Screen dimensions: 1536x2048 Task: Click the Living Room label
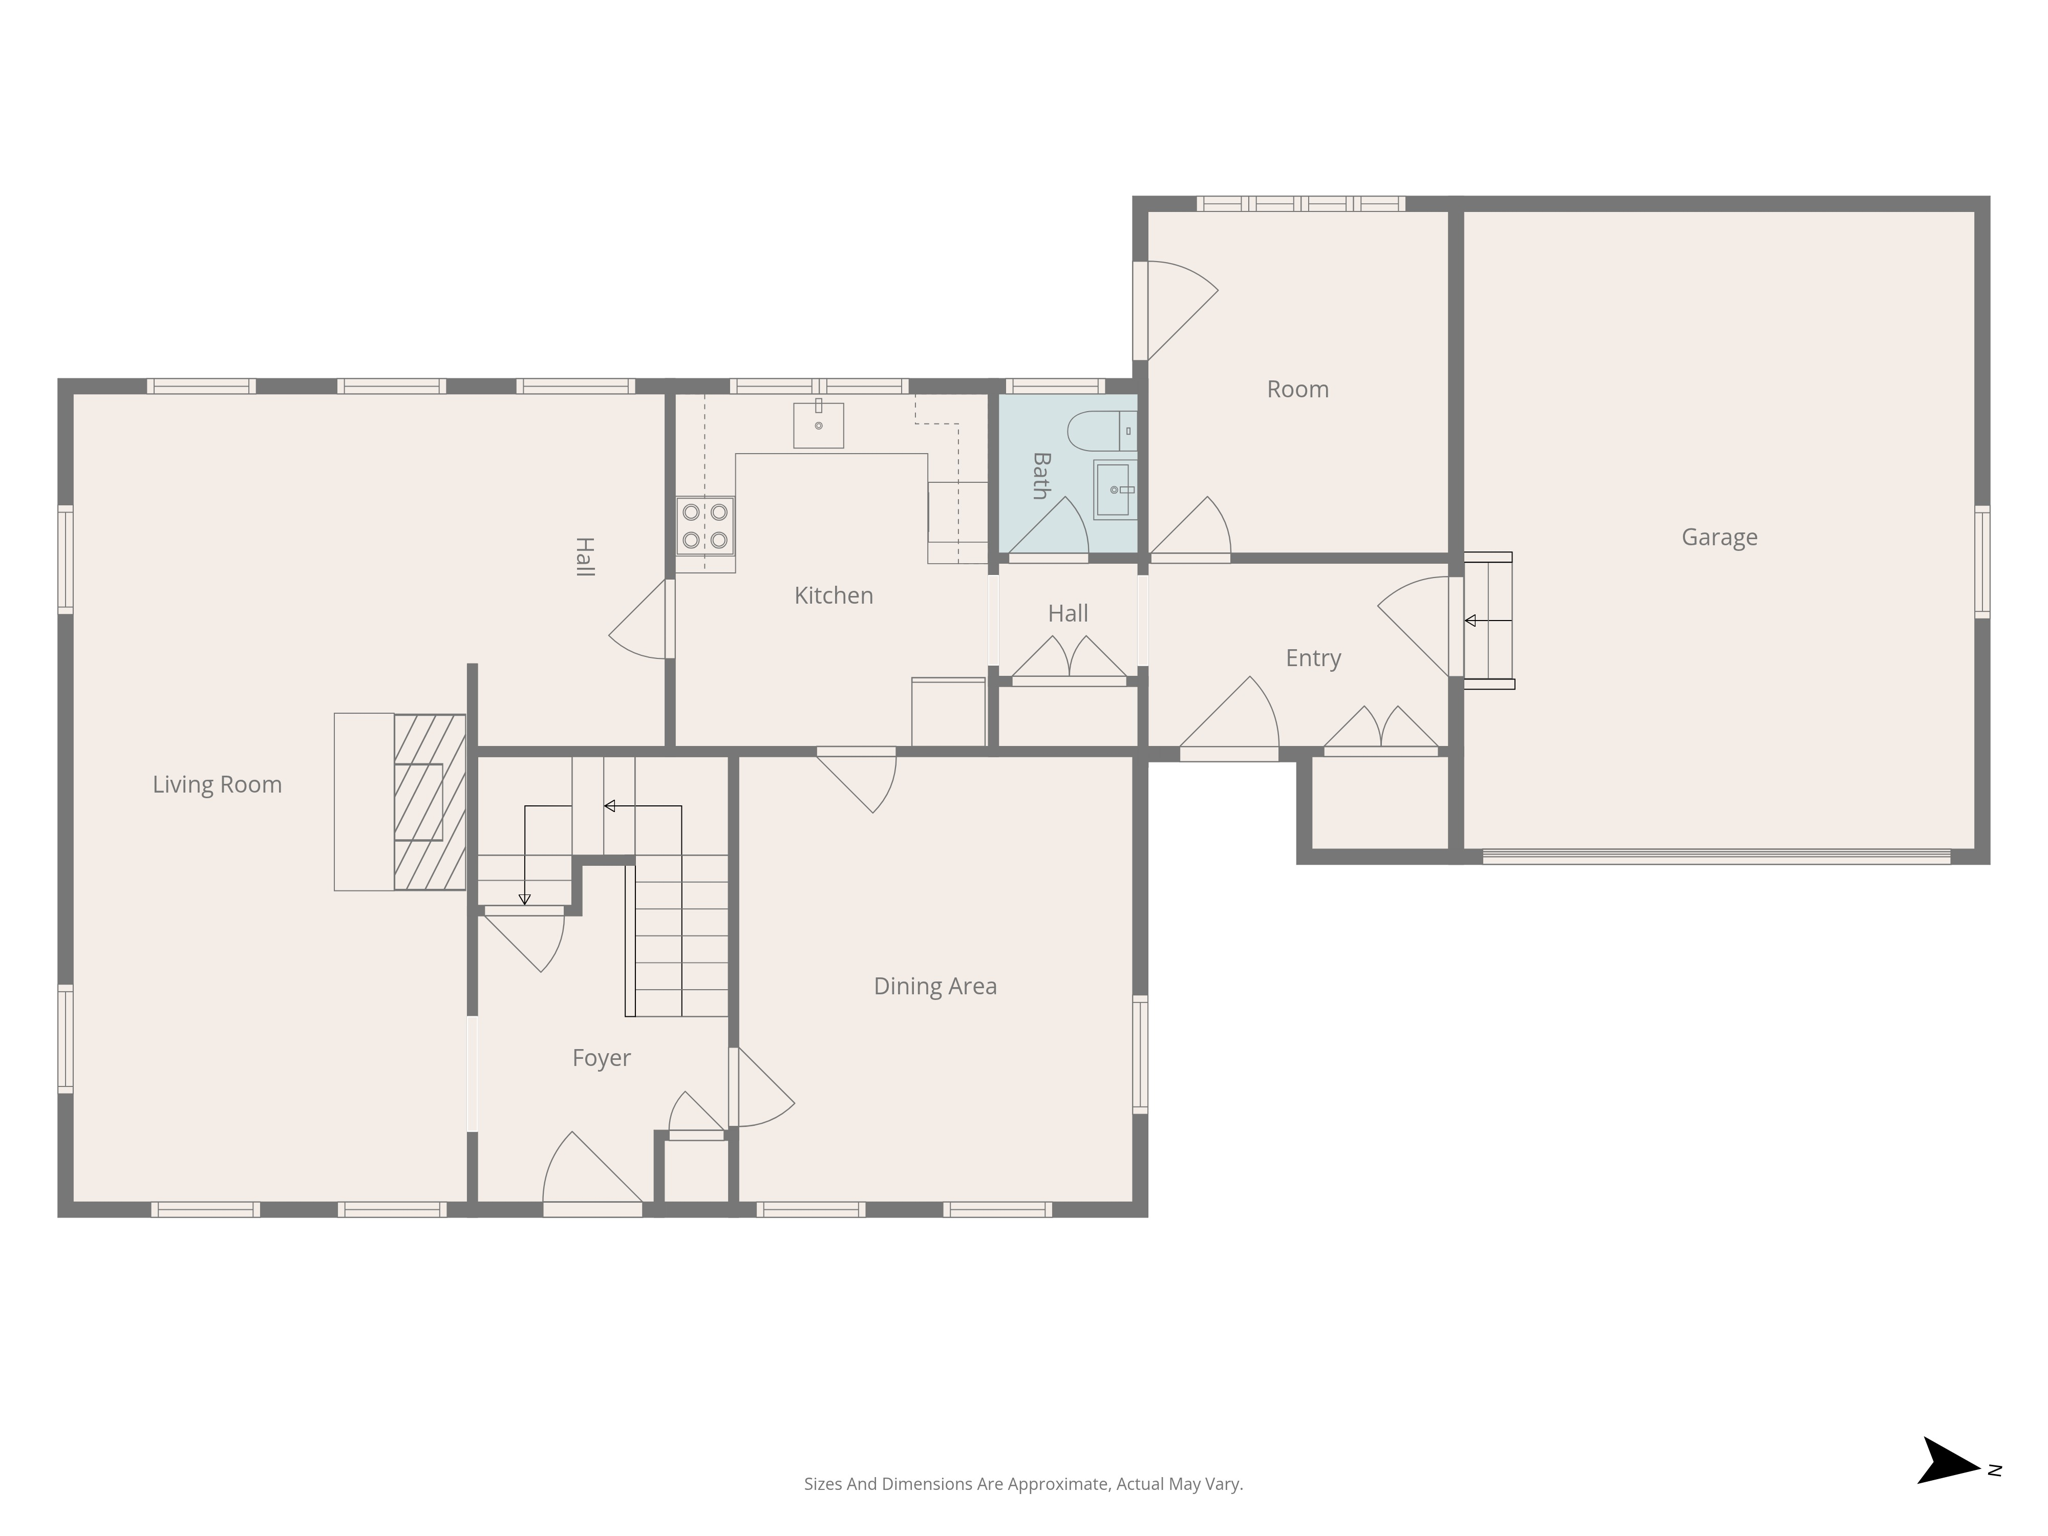tap(217, 785)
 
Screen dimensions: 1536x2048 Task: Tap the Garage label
tap(1719, 537)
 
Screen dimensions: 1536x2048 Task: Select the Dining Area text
tap(935, 986)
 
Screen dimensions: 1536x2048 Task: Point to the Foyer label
tap(601, 1058)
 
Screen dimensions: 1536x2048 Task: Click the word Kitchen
tap(833, 596)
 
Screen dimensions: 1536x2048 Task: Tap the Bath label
tap(1041, 476)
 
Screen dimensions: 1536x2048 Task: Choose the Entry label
tap(1313, 658)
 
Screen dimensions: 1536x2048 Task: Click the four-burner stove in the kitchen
tap(705, 526)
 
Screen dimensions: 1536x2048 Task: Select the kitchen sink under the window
tap(818, 425)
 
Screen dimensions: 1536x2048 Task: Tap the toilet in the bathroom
tap(1100, 431)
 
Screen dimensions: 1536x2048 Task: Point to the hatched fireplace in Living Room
tap(429, 802)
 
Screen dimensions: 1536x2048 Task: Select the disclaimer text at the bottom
tap(1023, 1484)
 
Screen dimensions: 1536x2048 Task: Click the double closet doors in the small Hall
tap(1069, 660)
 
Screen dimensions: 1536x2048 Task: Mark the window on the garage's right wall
tap(1981, 561)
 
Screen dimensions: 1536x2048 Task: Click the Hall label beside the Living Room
tap(585, 557)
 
